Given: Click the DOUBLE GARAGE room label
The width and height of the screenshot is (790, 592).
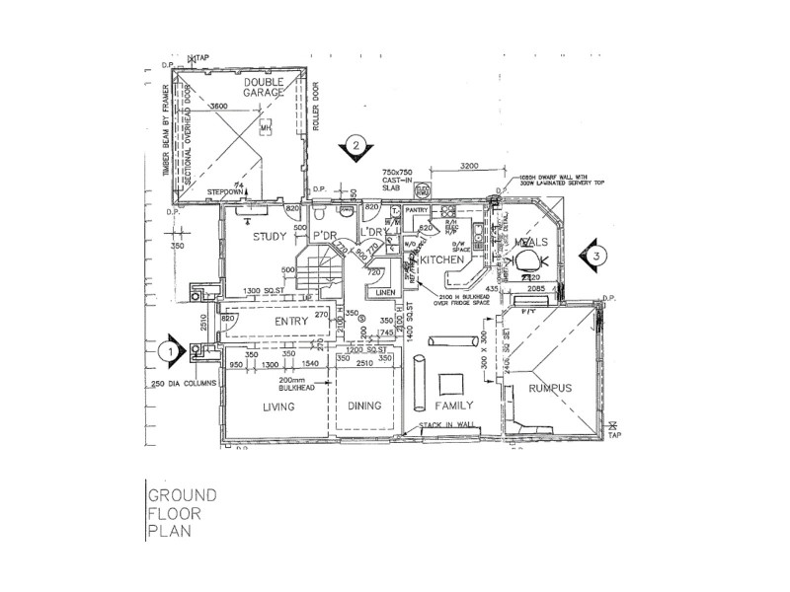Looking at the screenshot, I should point(264,87).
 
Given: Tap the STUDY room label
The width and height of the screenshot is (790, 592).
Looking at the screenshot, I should point(269,237).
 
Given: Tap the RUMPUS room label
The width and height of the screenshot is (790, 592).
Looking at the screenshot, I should point(550,389).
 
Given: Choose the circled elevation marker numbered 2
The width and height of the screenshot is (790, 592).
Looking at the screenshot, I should point(353,148).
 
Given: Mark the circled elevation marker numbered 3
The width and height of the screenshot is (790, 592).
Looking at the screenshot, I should point(595,256).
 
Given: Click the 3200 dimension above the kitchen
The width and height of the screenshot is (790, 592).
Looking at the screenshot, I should point(469,167).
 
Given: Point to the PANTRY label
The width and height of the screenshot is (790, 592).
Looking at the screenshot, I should point(416,210).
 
